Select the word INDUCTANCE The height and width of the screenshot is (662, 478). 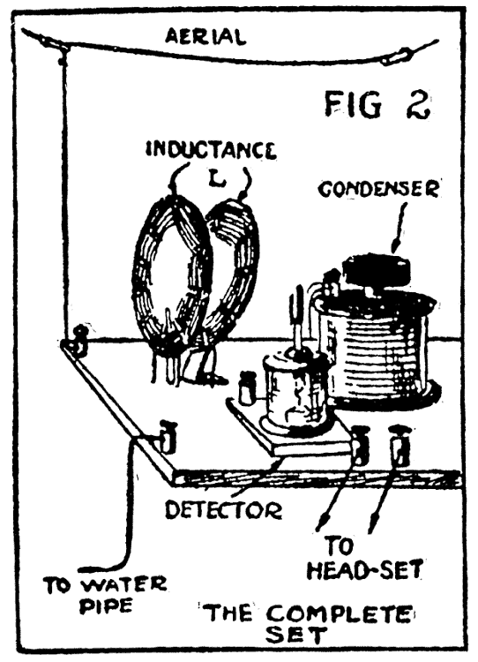[211, 150]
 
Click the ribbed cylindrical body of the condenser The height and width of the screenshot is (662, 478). [379, 353]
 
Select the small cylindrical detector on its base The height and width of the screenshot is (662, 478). [294, 393]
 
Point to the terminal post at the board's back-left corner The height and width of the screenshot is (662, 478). [79, 340]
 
